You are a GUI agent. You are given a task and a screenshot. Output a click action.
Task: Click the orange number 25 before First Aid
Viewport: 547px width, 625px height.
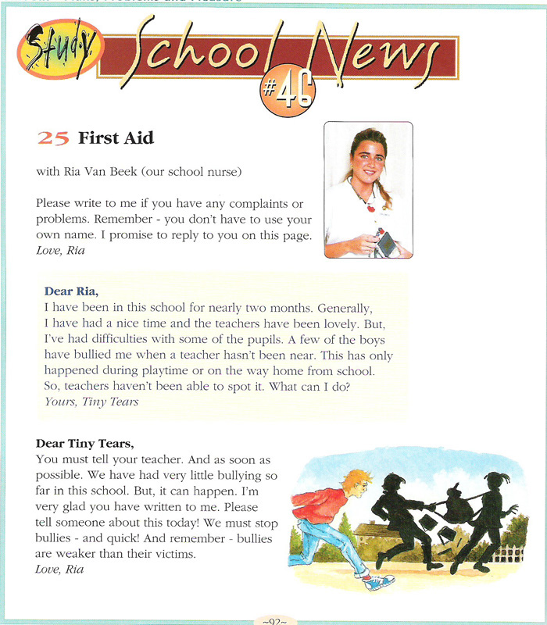[x=54, y=139]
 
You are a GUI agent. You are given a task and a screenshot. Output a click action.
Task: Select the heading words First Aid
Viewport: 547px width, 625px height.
[x=116, y=139]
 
